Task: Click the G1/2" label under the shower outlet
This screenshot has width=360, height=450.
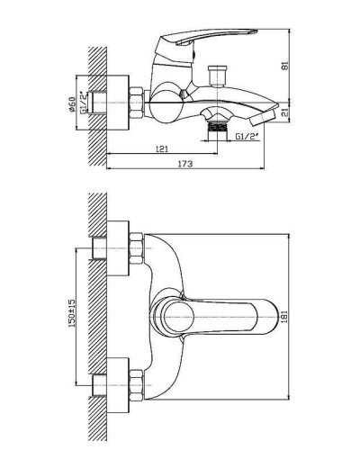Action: coord(243,136)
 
